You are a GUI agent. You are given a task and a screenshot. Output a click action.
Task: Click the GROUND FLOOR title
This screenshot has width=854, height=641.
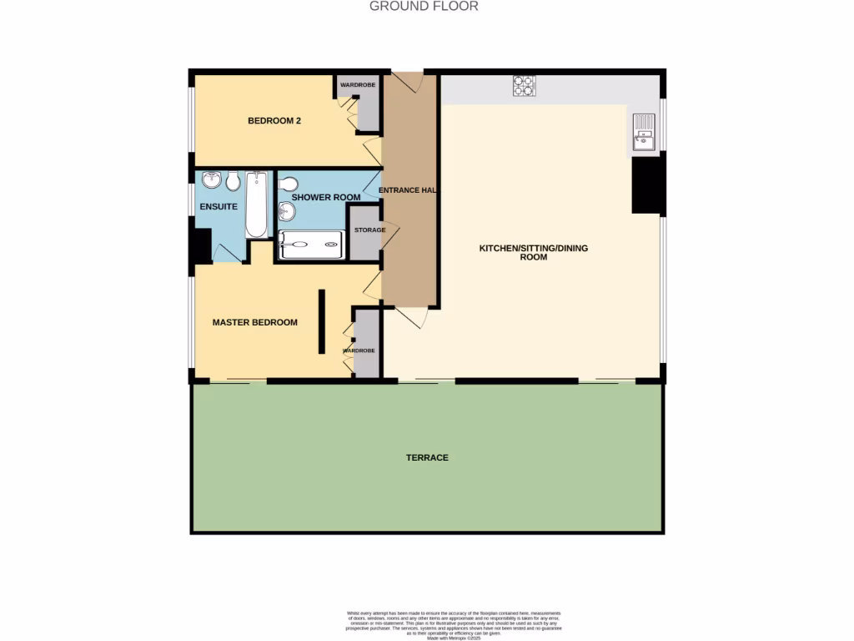[424, 7]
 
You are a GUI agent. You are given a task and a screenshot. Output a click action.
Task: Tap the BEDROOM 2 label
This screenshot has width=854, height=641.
[274, 121]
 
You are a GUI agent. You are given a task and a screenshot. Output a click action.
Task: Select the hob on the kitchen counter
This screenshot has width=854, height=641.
[524, 85]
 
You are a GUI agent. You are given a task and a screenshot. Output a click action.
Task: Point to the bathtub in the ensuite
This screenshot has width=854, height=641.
[256, 204]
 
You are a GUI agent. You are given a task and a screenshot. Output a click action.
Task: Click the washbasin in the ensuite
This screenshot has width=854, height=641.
[212, 179]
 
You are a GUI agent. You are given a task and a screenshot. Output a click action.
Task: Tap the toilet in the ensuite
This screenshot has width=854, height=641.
[234, 179]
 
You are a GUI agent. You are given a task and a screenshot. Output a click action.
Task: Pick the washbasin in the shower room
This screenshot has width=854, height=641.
[286, 211]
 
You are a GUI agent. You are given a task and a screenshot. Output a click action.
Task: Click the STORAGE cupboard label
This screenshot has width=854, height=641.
[369, 230]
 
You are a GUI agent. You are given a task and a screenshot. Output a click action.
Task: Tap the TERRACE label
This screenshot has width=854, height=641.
[427, 457]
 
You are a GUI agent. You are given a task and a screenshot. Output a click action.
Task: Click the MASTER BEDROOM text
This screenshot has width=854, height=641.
[254, 322]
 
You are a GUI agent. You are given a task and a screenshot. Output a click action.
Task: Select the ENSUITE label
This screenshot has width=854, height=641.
[219, 206]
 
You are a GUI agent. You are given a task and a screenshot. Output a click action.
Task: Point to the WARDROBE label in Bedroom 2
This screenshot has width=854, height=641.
[358, 85]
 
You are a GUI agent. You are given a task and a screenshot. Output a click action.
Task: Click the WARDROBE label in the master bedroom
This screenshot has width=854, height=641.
[359, 351]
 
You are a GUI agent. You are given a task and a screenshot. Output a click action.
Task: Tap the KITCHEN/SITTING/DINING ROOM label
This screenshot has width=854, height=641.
[534, 252]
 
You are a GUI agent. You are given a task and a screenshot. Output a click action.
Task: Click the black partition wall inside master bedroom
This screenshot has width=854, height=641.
[321, 321]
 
